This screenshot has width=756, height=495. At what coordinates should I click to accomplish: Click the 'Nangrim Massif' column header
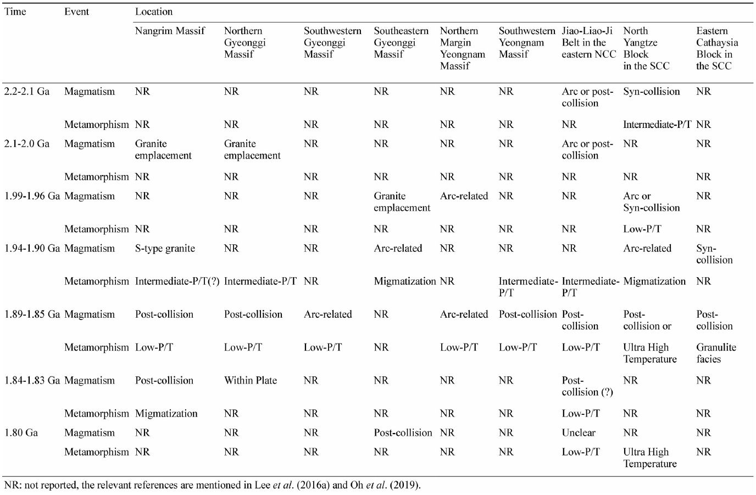click(x=170, y=31)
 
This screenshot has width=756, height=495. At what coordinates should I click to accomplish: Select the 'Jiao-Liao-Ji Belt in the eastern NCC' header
click(x=589, y=42)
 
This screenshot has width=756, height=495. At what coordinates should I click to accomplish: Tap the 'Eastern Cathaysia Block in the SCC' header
click(x=717, y=48)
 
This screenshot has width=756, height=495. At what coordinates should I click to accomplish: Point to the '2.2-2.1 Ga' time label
click(x=27, y=92)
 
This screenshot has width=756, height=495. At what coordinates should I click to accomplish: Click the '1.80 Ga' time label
click(x=21, y=432)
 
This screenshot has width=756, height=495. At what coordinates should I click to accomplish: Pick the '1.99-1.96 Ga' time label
click(x=32, y=196)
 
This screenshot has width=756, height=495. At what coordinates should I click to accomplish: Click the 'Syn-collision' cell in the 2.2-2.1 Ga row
click(x=652, y=92)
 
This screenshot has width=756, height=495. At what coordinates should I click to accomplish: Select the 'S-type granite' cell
click(x=165, y=249)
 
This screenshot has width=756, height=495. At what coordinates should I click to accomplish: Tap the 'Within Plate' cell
click(x=251, y=380)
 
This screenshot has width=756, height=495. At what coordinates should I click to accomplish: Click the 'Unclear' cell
click(x=579, y=432)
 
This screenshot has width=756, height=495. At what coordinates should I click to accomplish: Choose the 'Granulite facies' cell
click(x=716, y=353)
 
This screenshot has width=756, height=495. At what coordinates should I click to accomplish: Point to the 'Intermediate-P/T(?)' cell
click(x=177, y=281)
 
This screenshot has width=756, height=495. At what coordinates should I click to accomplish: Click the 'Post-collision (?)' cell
click(x=587, y=386)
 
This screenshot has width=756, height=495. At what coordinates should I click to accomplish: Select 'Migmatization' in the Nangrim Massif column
click(x=166, y=413)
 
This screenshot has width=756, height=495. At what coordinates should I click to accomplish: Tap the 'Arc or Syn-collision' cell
click(x=652, y=201)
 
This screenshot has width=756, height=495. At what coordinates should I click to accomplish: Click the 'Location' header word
click(x=154, y=12)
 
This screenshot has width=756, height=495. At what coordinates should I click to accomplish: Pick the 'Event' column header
click(x=76, y=12)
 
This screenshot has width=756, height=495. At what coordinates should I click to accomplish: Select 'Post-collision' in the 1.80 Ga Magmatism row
click(x=403, y=432)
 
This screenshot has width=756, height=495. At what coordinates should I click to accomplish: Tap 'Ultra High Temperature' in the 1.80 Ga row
click(x=649, y=458)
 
